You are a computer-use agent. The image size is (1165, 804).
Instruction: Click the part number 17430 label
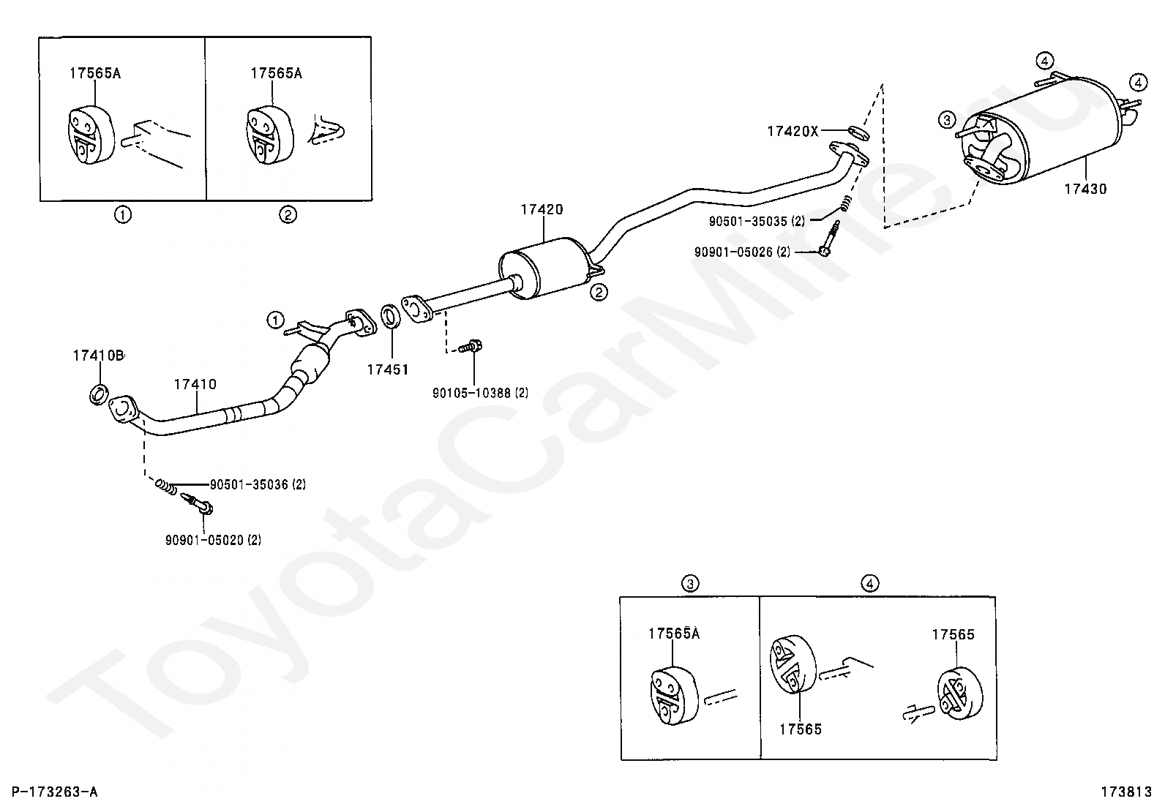point(1085,189)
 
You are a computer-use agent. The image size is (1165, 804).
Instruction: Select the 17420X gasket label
point(793,132)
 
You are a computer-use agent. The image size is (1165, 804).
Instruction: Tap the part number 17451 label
point(387,369)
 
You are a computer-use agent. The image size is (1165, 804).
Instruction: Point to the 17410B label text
point(98,356)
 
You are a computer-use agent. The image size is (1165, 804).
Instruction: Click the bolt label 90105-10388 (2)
point(480,393)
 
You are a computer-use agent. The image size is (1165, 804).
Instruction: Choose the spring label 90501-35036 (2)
point(258,484)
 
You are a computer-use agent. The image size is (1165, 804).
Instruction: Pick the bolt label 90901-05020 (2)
point(213,540)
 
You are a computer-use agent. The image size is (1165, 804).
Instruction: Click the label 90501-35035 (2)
point(757,220)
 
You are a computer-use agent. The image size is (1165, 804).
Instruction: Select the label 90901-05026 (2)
point(742,252)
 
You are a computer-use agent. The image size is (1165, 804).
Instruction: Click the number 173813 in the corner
point(1125,792)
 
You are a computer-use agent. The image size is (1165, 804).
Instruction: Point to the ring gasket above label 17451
point(392,318)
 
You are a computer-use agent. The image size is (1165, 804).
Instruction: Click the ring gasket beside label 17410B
point(98,394)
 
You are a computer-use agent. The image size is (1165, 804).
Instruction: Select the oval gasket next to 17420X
point(858,132)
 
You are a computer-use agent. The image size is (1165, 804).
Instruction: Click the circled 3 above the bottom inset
point(690,583)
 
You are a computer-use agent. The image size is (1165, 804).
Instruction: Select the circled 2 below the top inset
point(288,215)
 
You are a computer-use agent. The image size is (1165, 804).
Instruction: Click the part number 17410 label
point(195,384)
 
